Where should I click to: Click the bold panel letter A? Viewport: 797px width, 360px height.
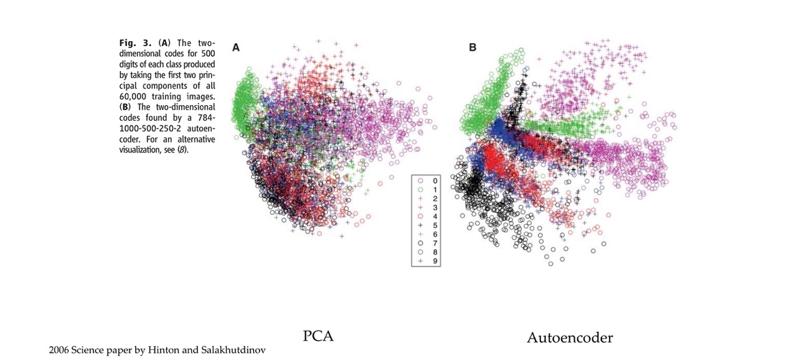click(x=236, y=47)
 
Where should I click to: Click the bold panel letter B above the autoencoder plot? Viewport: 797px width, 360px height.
click(x=473, y=47)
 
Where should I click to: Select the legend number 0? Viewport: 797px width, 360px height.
click(x=435, y=181)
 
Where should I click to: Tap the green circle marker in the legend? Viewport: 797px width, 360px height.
click(x=420, y=189)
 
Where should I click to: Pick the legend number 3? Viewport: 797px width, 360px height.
click(x=435, y=207)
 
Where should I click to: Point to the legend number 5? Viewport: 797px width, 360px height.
click(x=435, y=225)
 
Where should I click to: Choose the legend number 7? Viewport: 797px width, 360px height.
click(x=435, y=244)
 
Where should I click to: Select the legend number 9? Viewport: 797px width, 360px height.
click(x=435, y=262)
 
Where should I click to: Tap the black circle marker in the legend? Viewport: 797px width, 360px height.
click(x=420, y=244)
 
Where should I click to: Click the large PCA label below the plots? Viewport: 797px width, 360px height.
click(x=318, y=336)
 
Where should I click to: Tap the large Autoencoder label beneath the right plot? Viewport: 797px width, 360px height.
click(x=570, y=338)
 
